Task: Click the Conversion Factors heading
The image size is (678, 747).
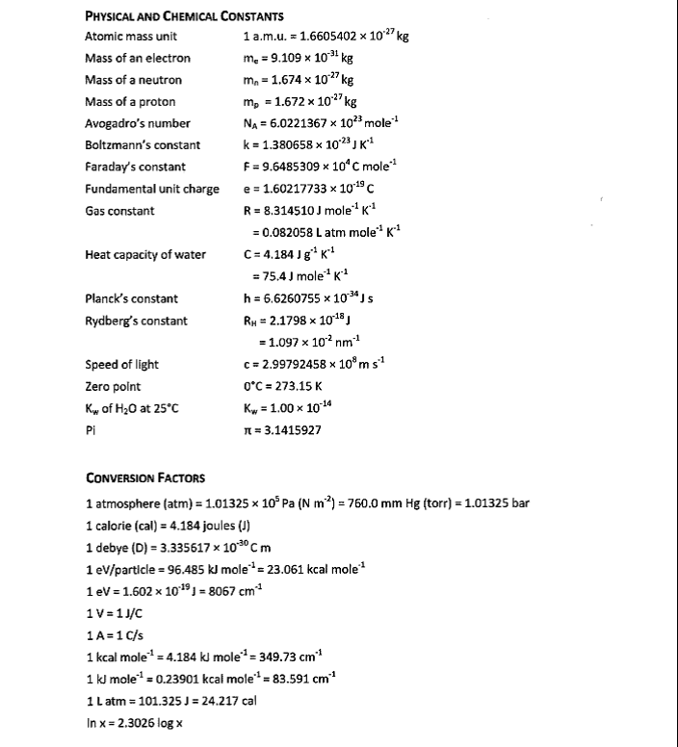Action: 144,478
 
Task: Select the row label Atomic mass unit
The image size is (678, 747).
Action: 131,37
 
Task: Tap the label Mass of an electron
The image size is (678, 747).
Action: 138,59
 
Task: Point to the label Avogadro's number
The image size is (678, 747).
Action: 138,123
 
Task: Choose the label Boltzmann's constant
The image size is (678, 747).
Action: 143,145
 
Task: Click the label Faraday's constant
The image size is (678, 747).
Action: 136,167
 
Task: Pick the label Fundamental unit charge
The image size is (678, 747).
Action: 152,189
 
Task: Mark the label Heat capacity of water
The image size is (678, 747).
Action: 144,255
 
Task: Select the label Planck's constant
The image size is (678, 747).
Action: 131,299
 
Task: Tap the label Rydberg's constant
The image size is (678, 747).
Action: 136,322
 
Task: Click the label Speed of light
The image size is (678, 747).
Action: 122,365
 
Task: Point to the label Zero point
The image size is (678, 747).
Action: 113,387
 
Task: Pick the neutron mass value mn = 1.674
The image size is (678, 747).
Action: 300,80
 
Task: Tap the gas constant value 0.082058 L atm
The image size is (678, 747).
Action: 325,233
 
